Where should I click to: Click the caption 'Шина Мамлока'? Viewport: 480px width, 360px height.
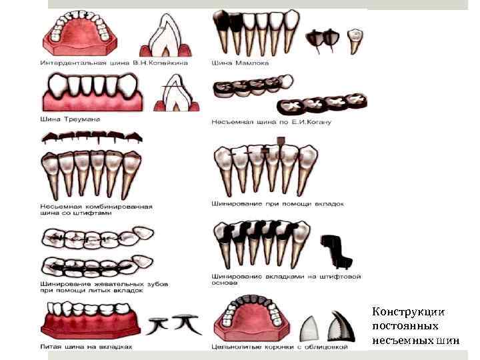(240, 63)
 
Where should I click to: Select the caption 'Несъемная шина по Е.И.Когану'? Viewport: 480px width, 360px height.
(271, 122)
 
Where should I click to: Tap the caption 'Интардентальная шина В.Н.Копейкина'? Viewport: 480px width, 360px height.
(114, 63)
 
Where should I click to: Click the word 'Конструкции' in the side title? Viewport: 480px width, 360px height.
(408, 312)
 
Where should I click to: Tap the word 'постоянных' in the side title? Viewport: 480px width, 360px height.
(405, 327)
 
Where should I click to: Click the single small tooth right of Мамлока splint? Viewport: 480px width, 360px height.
(356, 39)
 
